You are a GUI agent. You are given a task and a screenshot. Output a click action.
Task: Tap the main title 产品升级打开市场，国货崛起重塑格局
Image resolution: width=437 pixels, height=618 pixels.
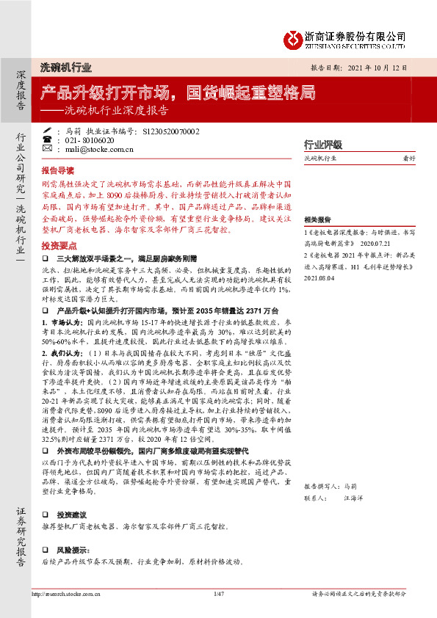[x=178, y=93]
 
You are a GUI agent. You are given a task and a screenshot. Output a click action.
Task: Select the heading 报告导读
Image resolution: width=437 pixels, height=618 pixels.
[x=59, y=169]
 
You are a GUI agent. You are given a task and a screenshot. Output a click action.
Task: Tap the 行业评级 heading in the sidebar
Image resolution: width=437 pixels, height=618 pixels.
[x=323, y=144]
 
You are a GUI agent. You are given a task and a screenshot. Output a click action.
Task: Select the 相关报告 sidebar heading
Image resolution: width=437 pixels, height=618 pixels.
[x=317, y=219]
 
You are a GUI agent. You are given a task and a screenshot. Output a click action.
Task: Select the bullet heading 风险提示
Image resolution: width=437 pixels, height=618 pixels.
[x=73, y=549]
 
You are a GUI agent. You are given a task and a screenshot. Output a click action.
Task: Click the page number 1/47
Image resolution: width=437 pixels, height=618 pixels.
[x=217, y=593]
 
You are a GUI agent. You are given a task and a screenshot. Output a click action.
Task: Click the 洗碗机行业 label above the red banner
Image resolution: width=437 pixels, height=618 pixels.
[x=65, y=67]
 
